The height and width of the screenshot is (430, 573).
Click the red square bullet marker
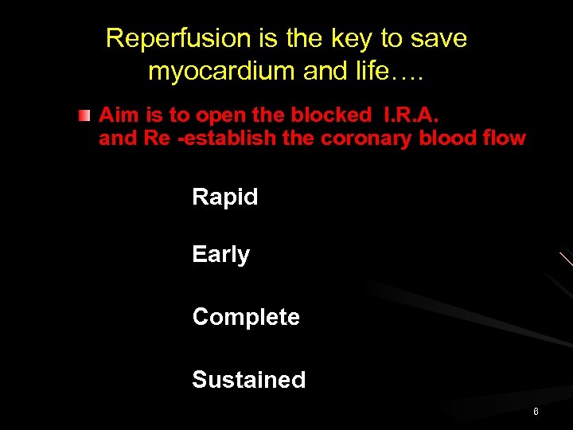click(x=84, y=116)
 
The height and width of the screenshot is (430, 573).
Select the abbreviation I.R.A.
click(x=409, y=115)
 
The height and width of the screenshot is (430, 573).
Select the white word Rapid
click(x=225, y=197)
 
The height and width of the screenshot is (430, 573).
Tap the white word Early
click(x=220, y=255)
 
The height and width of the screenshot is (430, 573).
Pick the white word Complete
click(x=246, y=317)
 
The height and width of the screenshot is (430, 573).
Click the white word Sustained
click(x=248, y=380)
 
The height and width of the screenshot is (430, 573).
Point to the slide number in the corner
click(x=536, y=412)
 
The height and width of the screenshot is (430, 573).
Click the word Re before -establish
click(x=156, y=138)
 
